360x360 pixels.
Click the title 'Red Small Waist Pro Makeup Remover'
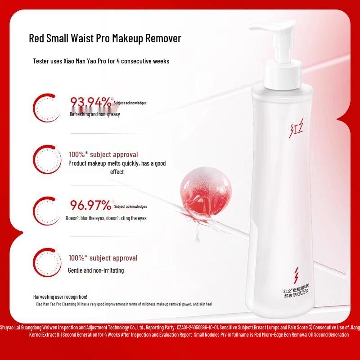[x=105, y=38]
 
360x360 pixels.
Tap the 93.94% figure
[x=90, y=103]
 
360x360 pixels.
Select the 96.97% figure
[x=90, y=206]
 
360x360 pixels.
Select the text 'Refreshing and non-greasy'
[x=94, y=114]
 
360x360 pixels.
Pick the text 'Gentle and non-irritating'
[x=96, y=270]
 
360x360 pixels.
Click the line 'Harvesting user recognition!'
[x=60, y=297]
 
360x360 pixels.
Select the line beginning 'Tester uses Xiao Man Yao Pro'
[x=101, y=61]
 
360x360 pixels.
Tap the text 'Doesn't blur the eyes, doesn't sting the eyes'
[x=112, y=218]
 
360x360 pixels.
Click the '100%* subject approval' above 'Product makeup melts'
[x=103, y=154]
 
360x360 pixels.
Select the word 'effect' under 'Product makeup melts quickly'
[x=117, y=172]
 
